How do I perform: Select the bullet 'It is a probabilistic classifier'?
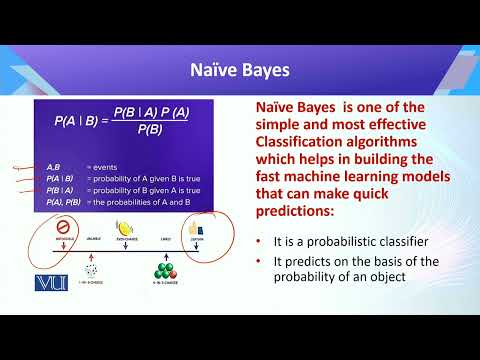click(x=343, y=243)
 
